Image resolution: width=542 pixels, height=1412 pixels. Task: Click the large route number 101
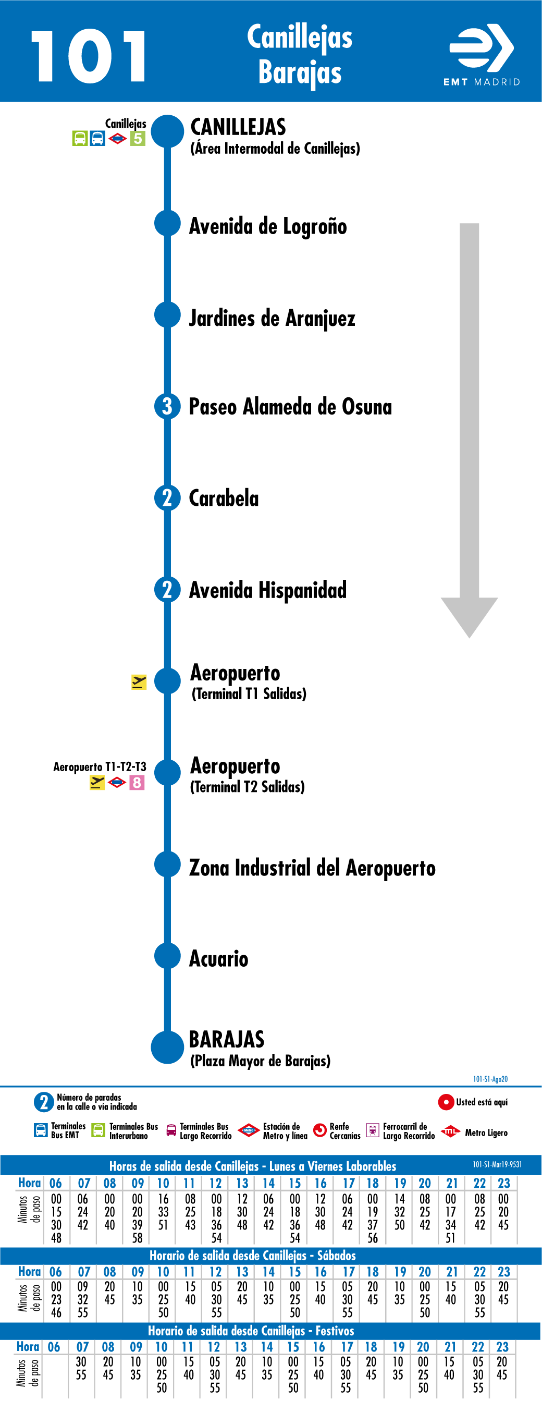coord(89,56)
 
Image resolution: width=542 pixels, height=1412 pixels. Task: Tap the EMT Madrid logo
coord(482,55)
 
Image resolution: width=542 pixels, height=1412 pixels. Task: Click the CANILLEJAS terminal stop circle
coord(167,131)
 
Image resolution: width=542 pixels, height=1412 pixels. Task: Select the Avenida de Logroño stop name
coord(267,226)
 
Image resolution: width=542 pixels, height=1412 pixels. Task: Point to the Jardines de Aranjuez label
coord(272,318)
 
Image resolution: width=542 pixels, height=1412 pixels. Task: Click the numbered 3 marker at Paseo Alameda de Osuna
coord(167,406)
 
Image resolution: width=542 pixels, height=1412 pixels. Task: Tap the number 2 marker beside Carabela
coord(167,498)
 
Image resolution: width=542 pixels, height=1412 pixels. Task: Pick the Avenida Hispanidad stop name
coord(267,590)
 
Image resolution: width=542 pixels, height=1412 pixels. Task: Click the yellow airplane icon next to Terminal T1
coord(139,681)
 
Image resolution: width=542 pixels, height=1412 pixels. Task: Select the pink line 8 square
coord(137,782)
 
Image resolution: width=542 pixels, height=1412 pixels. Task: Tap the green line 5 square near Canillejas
coord(138,139)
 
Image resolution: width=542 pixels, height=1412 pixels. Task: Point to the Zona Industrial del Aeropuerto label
coord(312,868)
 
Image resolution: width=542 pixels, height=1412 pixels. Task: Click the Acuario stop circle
coord(167,956)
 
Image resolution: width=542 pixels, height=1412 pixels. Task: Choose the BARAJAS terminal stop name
coord(227,1039)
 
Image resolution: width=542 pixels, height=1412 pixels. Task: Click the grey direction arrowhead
coord(469,617)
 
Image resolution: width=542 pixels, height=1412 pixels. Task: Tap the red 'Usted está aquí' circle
coord(446,1101)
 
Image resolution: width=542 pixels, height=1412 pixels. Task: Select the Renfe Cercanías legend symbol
coord(319,1130)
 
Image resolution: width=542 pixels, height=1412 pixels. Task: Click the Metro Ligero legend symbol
coord(450,1131)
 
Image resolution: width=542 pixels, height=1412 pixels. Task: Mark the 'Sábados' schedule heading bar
coord(270,1255)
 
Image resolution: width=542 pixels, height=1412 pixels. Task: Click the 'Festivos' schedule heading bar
coord(270,1330)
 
